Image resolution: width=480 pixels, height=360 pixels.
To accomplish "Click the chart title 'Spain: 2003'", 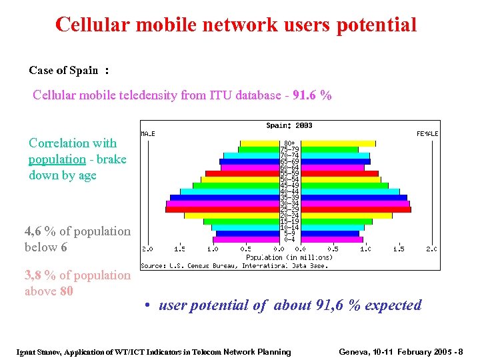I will [x=289, y=125].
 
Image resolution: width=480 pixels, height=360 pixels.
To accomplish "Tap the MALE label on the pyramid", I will [x=147, y=133].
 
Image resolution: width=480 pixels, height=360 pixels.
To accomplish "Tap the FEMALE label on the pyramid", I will [x=427, y=133].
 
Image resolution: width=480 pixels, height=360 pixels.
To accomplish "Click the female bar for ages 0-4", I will [x=331, y=240].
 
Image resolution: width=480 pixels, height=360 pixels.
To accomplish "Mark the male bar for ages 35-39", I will [x=225, y=197].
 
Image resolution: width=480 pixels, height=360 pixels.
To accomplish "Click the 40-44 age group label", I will [x=289, y=191].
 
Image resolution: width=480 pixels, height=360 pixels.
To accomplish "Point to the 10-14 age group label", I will [x=289, y=227].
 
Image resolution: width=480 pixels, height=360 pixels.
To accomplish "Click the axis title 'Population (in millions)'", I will [x=289, y=257].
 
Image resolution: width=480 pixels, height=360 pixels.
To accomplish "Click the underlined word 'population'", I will [x=57, y=159].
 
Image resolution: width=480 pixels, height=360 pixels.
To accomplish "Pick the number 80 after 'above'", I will [x=65, y=291].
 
